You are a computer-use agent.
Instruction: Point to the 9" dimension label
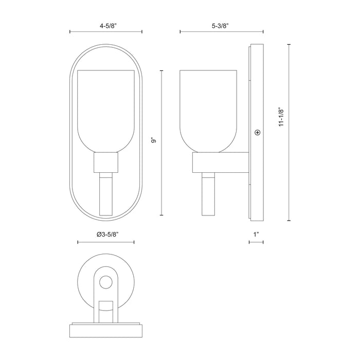coord(153,139)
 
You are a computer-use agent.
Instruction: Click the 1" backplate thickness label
coord(256,234)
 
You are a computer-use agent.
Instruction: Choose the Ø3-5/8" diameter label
coord(106,234)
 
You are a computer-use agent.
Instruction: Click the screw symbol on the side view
coord(257,133)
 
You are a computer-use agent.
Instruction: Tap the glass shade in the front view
coord(105,108)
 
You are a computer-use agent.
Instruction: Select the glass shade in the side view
coord(208,108)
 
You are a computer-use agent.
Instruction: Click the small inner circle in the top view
coord(106,282)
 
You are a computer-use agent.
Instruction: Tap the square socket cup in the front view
coord(105,164)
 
